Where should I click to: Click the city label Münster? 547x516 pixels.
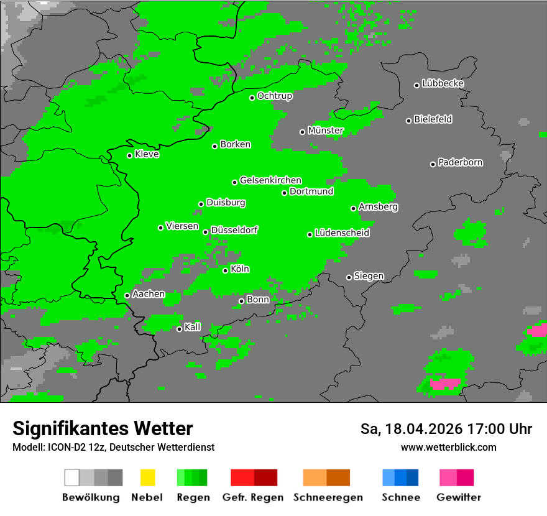point(326,131)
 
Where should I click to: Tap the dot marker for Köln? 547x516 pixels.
point(226,270)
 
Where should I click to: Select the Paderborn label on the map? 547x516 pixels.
point(461,163)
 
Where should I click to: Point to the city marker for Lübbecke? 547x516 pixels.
point(417,85)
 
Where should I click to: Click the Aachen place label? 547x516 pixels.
point(149,294)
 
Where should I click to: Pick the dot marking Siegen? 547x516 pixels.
point(349,277)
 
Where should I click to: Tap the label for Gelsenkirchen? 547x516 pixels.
point(270,180)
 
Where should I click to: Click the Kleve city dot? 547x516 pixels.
point(130,155)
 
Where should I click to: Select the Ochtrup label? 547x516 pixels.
point(275,96)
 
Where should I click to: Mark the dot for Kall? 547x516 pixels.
point(180,329)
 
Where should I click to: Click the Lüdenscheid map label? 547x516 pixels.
point(342,233)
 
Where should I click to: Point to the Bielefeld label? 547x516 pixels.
point(433,119)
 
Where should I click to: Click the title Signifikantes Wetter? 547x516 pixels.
point(103,428)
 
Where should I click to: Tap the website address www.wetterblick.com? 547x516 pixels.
point(448,447)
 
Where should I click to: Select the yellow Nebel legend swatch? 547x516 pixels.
point(147,477)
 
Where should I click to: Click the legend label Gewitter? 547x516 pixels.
point(458,497)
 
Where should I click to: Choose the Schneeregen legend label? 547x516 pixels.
point(328,497)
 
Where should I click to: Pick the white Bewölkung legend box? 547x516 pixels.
point(72,477)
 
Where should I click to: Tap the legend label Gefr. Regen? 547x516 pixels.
point(253,497)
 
